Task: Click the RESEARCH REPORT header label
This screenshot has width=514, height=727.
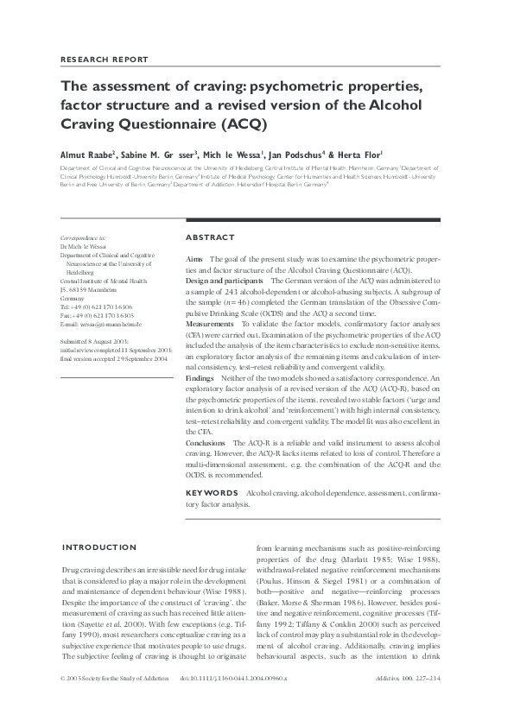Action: pyautogui.click(x=105, y=60)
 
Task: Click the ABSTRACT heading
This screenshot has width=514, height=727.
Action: pyautogui.click(x=210, y=237)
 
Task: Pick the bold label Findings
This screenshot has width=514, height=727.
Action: pyautogui.click(x=200, y=379)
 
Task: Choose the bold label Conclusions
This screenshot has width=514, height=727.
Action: pyautogui.click(x=206, y=442)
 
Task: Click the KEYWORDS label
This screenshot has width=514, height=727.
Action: pyautogui.click(x=213, y=492)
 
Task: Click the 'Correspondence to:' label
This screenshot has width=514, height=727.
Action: pyautogui.click(x=83, y=237)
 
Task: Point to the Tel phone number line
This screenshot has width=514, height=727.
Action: pyautogui.click(x=96, y=307)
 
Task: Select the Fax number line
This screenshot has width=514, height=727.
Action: pyautogui.click(x=96, y=315)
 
